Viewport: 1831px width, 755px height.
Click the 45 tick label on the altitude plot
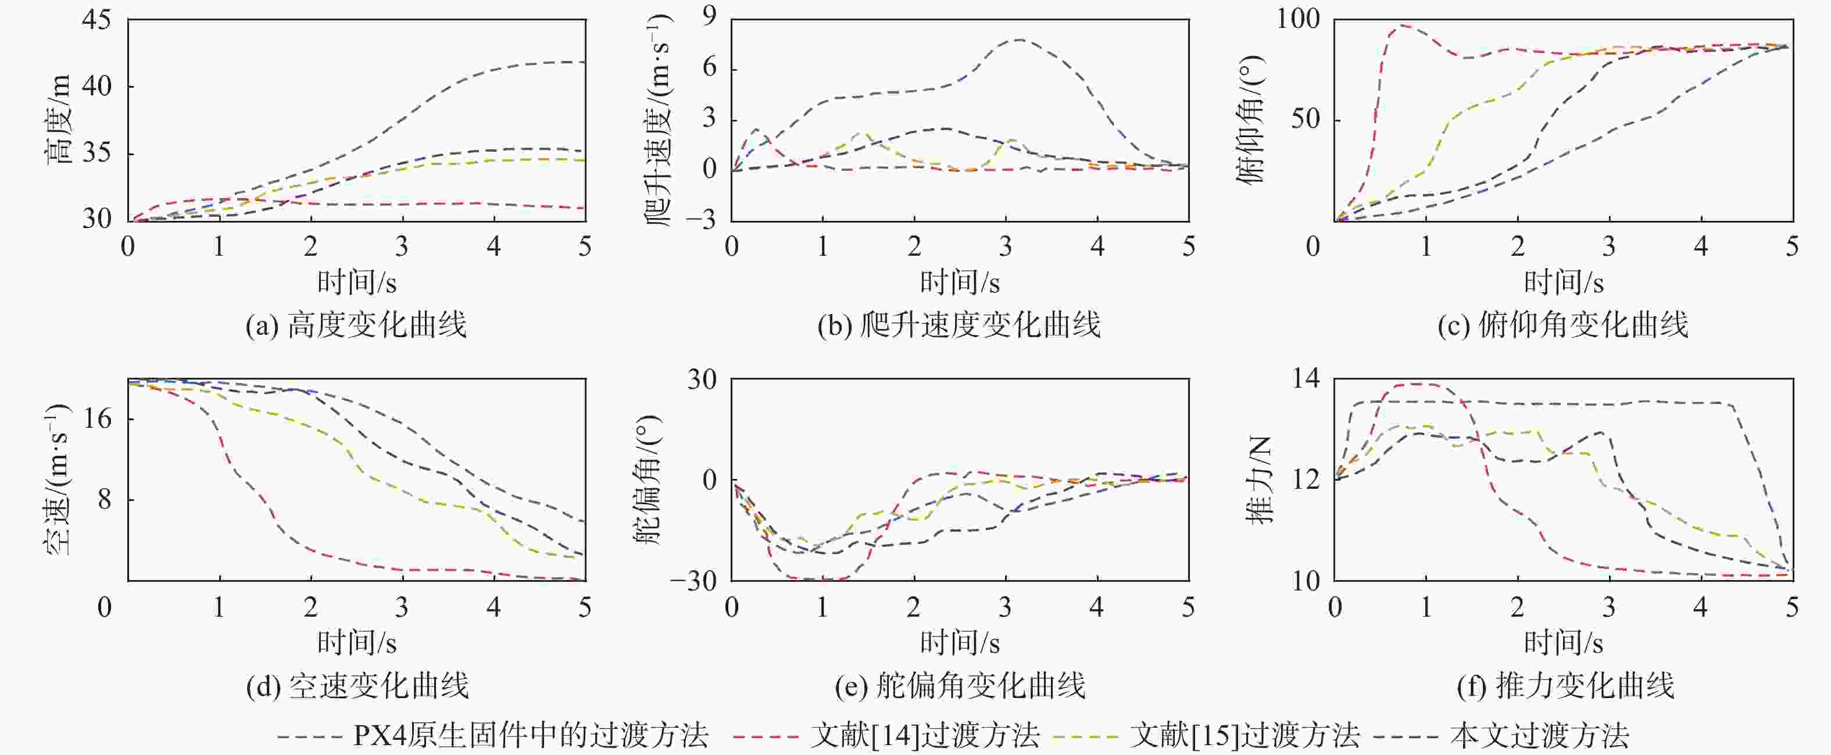pyautogui.click(x=96, y=20)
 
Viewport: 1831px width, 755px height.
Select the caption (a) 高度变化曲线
pyautogui.click(x=356, y=325)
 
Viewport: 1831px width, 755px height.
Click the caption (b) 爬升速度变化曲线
pyautogui.click(x=959, y=325)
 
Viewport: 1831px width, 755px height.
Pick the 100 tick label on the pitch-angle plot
pyautogui.click(x=1298, y=19)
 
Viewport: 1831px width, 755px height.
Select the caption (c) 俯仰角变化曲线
pyautogui.click(x=1563, y=325)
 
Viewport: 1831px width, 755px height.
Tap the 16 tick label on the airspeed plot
pyautogui.click(x=98, y=418)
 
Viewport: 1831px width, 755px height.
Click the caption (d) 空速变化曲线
pyautogui.click(x=357, y=686)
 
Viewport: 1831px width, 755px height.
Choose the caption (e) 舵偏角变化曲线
pyautogui.click(x=960, y=686)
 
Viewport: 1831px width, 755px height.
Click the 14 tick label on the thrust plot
pyautogui.click(x=1306, y=378)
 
